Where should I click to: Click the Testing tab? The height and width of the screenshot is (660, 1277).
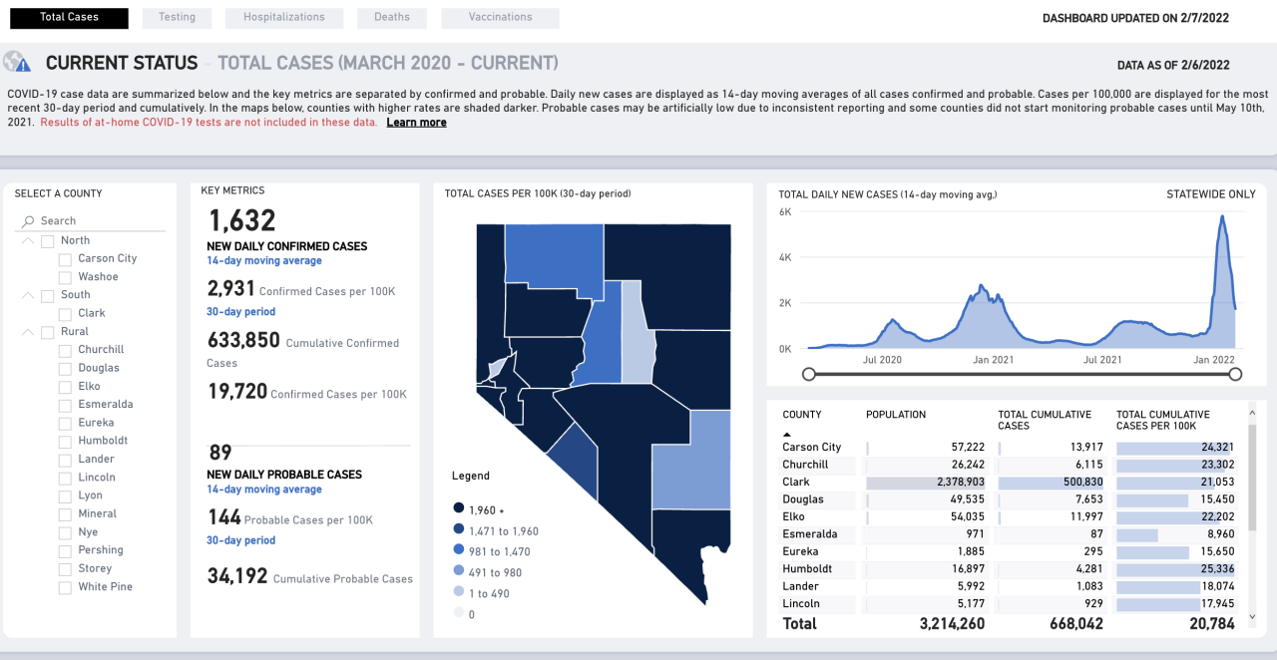click(x=176, y=18)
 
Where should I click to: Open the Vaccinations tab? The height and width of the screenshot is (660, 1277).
click(x=500, y=18)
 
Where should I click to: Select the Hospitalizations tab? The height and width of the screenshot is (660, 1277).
click(x=283, y=18)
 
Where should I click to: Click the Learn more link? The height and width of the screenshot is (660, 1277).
click(x=416, y=123)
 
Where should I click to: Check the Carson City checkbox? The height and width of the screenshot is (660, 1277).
click(x=65, y=259)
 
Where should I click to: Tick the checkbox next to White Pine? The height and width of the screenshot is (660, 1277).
click(x=65, y=587)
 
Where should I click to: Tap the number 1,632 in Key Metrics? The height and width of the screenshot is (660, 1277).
click(x=241, y=220)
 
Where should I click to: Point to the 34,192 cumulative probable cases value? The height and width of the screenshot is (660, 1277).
click(x=237, y=576)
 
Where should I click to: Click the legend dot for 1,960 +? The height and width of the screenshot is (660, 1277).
click(x=458, y=507)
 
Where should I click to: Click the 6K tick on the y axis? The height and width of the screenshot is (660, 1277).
click(x=785, y=212)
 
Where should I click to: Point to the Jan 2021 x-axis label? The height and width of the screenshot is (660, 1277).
click(x=994, y=360)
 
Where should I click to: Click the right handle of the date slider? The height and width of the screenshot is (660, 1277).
click(x=1235, y=374)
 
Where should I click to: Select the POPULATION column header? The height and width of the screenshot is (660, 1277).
click(x=895, y=415)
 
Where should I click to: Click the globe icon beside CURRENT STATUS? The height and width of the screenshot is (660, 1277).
click(x=17, y=62)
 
